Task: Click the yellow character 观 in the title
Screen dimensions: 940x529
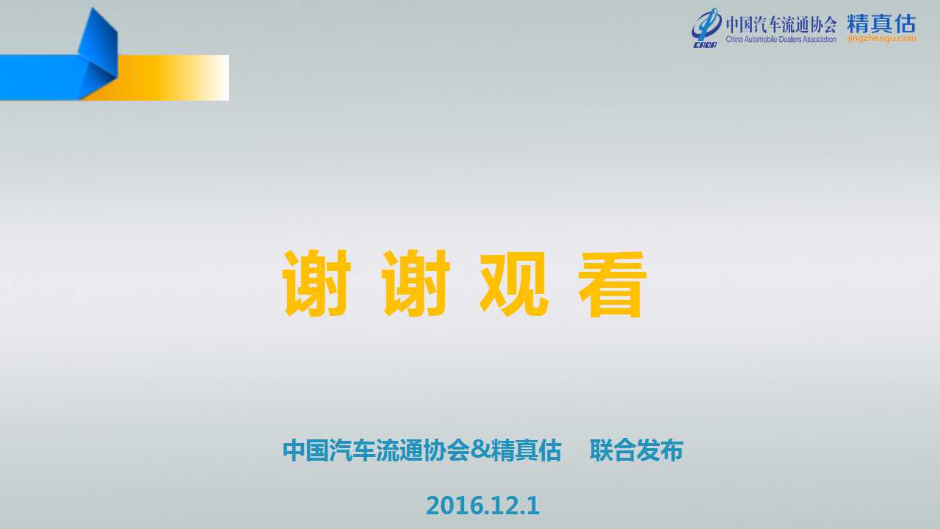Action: [x=515, y=284]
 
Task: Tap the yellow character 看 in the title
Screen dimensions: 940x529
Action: [x=612, y=284]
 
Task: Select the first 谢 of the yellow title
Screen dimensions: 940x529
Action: [x=317, y=283]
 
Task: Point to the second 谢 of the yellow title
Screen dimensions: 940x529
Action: [x=416, y=283]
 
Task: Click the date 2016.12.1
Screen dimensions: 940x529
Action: [x=482, y=505]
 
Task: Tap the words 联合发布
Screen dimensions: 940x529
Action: [x=637, y=450]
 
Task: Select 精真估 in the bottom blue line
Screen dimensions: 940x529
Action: [x=527, y=450]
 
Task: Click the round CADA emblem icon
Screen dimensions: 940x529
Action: [x=706, y=24]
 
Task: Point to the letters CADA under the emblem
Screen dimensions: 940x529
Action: [x=705, y=45]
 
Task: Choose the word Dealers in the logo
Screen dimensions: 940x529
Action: [x=792, y=40]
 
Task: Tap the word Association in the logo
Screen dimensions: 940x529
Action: [x=820, y=40]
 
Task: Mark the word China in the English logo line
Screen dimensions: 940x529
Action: [x=734, y=40]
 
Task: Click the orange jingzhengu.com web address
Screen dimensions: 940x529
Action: [x=882, y=39]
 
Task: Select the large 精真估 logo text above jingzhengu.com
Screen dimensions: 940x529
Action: [x=882, y=23]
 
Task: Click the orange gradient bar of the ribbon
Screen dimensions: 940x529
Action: [x=168, y=78]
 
